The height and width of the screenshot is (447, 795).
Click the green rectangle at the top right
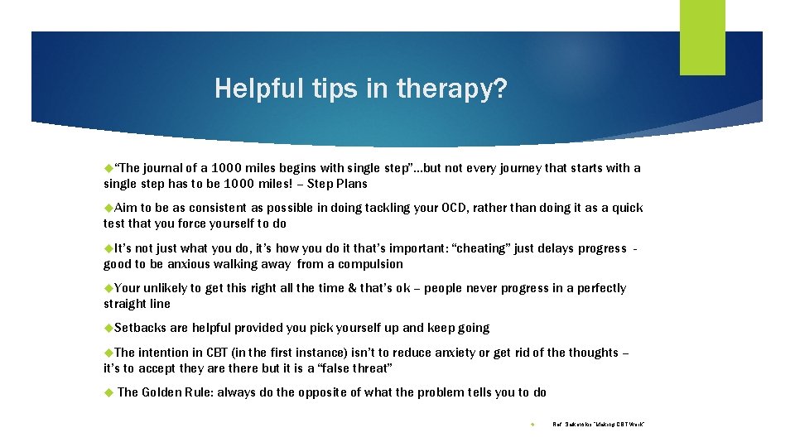coord(702,36)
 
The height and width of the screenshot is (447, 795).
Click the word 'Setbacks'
coord(138,328)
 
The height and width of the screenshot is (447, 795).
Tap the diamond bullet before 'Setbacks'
coord(108,328)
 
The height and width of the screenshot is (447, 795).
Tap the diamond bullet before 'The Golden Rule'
coord(108,392)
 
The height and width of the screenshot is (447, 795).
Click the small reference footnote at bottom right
coord(598,425)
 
